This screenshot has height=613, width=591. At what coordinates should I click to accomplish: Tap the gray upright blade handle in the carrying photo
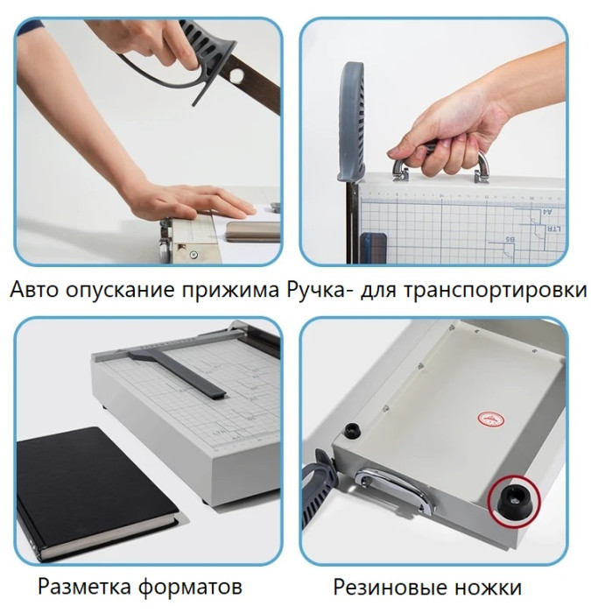click(x=355, y=123)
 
